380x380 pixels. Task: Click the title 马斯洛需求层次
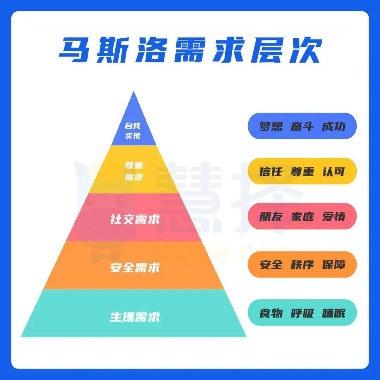(190, 50)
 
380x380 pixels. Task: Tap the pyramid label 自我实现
(133, 131)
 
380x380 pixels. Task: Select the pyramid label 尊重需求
(134, 171)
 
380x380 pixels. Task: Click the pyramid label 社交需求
(135, 219)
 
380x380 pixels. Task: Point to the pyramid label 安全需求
(135, 267)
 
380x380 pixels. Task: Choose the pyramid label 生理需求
(135, 317)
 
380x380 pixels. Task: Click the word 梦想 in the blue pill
(271, 126)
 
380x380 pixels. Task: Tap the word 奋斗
(302, 126)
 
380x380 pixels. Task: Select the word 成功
(334, 126)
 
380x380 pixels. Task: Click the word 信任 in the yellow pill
(271, 172)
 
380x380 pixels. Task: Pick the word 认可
(334, 172)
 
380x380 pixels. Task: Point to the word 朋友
(271, 216)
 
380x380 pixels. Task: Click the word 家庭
(302, 216)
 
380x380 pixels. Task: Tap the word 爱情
(334, 216)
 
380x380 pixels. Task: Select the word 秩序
(302, 264)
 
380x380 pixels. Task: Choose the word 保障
(334, 264)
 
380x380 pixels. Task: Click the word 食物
(271, 313)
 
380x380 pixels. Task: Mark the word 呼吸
(302, 313)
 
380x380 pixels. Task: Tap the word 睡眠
(334, 313)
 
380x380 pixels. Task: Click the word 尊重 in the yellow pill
(302, 172)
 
